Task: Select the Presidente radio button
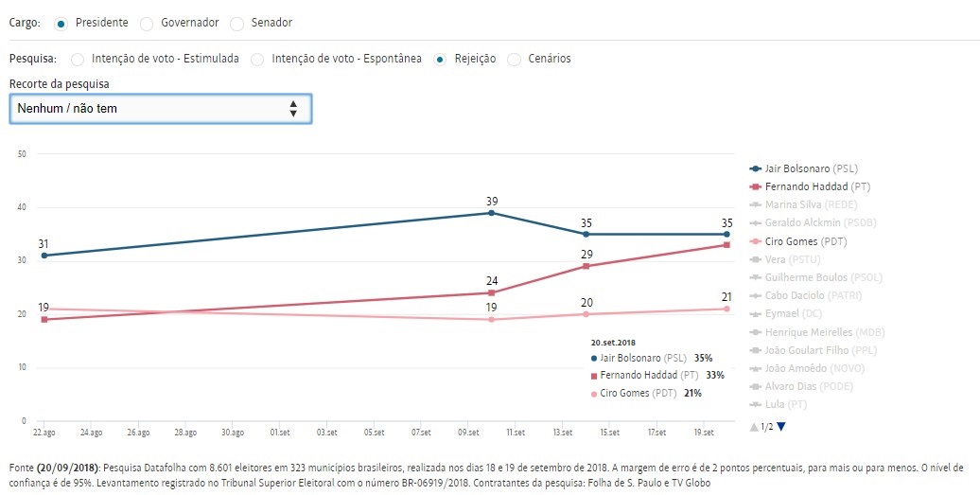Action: pos(61,23)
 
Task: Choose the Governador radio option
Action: pos(146,23)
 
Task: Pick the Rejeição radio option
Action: pos(440,59)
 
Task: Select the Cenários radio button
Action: pos(515,59)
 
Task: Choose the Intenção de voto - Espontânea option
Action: pos(257,59)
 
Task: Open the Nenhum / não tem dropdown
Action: pos(160,109)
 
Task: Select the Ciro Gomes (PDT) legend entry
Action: pos(800,241)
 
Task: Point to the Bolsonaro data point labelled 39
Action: pos(491,213)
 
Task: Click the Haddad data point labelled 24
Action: pos(491,292)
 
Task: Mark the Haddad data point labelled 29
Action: pos(586,266)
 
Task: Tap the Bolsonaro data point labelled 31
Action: pos(44,256)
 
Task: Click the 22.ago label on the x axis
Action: pos(44,433)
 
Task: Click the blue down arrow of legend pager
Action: pos(781,427)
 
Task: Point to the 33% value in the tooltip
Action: pos(715,376)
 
